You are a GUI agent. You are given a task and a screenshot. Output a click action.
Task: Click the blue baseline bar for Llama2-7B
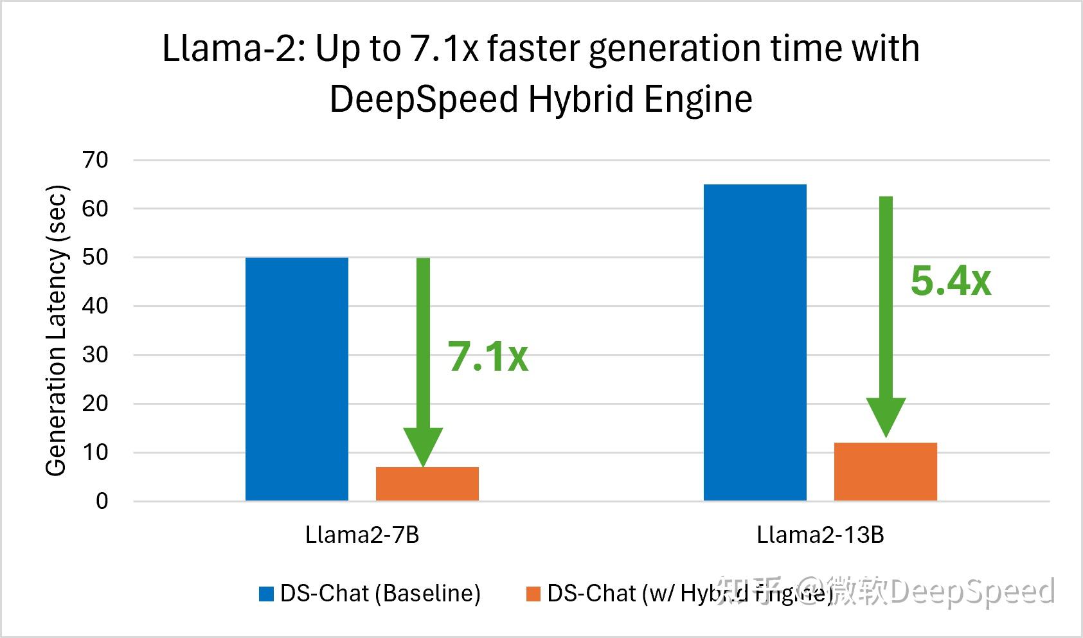(x=297, y=379)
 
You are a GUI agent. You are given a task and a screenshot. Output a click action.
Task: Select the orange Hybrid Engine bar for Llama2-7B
(x=427, y=484)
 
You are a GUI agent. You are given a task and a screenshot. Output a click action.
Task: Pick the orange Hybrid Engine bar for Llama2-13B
(x=886, y=472)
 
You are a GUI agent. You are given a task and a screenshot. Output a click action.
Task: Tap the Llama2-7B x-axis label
(x=362, y=535)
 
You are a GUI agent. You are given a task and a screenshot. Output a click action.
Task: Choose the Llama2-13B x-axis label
(x=820, y=535)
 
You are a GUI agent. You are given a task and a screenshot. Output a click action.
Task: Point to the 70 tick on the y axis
(x=95, y=160)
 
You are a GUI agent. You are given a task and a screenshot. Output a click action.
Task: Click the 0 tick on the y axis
(x=102, y=501)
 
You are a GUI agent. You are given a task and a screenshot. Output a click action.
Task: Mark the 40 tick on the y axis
(x=95, y=306)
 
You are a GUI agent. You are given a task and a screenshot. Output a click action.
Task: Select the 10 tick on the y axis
(x=95, y=452)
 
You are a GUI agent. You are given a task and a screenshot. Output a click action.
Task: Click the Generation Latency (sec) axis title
(x=57, y=330)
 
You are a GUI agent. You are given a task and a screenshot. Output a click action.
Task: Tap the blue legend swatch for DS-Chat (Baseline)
(x=266, y=594)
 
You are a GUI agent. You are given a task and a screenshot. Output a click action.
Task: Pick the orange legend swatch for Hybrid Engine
(x=533, y=594)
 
